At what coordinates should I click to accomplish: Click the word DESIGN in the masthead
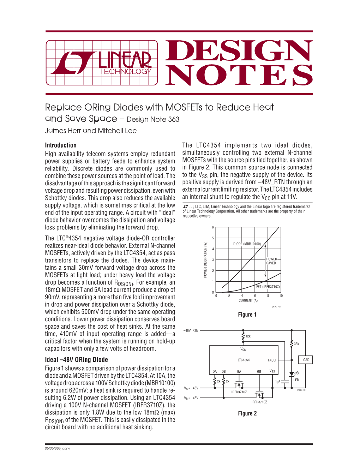(x=239, y=51)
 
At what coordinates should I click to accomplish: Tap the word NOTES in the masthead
(x=239, y=75)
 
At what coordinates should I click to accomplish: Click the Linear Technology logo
(x=102, y=63)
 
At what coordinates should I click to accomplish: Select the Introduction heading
(x=61, y=145)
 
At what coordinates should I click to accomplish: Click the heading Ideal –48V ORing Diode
(x=76, y=360)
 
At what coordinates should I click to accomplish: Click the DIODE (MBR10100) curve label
(x=247, y=244)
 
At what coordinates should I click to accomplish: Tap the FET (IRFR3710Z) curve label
(x=268, y=287)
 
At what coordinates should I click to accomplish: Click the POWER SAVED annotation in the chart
(x=271, y=261)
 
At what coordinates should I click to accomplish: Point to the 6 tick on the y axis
(x=213, y=227)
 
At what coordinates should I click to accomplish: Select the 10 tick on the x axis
(x=281, y=296)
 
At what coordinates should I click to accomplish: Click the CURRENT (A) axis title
(x=248, y=301)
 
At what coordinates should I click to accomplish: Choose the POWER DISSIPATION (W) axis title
(x=205, y=259)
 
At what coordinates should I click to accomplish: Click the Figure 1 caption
(x=247, y=315)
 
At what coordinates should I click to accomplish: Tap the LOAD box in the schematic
(x=305, y=360)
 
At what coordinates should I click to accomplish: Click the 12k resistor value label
(x=248, y=336)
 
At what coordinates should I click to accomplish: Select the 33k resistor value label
(x=296, y=344)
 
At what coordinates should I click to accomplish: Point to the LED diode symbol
(x=292, y=374)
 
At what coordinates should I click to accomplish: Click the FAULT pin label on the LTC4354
(x=272, y=360)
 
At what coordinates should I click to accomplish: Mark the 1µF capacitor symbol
(x=284, y=382)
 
